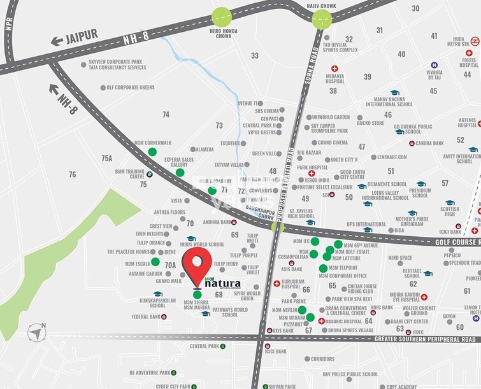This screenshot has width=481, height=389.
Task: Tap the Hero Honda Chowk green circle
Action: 222,17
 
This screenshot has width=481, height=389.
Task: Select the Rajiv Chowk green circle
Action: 321,18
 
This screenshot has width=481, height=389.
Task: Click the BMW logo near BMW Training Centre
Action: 148,174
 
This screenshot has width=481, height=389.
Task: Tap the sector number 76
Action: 72,174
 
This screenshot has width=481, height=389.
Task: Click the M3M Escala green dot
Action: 155,262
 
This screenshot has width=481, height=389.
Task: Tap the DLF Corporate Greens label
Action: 130,87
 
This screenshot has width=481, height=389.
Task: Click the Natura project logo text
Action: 221,282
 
